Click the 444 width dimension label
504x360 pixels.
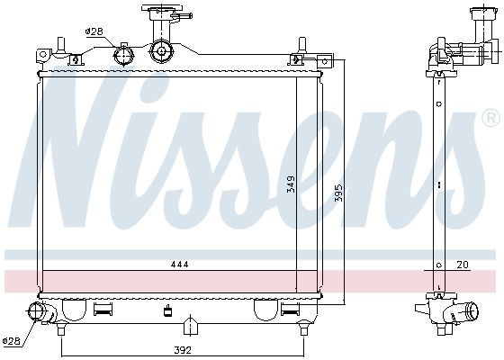pos(179,265)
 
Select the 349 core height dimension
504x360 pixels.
pos(291,184)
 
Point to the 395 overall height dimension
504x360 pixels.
pos(338,193)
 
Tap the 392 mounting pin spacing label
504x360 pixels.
pos(183,350)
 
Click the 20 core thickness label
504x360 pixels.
pos(463,265)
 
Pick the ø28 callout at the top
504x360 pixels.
pos(94,31)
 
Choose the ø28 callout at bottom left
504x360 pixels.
pos(11,341)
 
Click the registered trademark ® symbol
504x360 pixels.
pos(491,118)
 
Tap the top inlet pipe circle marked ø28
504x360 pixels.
pos(123,56)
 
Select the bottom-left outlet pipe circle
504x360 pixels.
pos(35,311)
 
